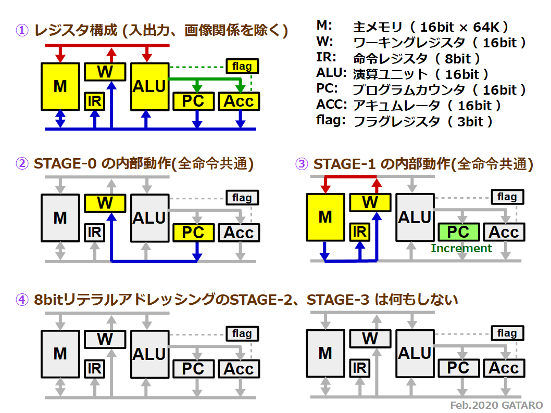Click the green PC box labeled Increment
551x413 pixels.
point(459,232)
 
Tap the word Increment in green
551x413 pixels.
point(461,248)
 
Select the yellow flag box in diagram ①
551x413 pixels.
point(242,66)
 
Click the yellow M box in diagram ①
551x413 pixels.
point(60,87)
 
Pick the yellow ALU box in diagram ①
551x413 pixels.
point(149,87)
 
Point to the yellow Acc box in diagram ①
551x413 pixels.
point(239,101)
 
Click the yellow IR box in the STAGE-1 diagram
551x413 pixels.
point(359,232)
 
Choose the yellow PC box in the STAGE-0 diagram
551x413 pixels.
point(193,233)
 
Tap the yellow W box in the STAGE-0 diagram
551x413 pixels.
point(105,203)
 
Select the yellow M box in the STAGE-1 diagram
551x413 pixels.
point(325,217)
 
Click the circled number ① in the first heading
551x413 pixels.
point(22,30)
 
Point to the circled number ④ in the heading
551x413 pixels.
point(22,300)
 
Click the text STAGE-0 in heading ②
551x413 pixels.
point(65,163)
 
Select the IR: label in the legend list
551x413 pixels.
point(326,57)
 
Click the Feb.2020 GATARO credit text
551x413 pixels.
point(496,405)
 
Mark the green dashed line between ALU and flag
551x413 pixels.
point(197,67)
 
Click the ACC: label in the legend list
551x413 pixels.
point(331,104)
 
